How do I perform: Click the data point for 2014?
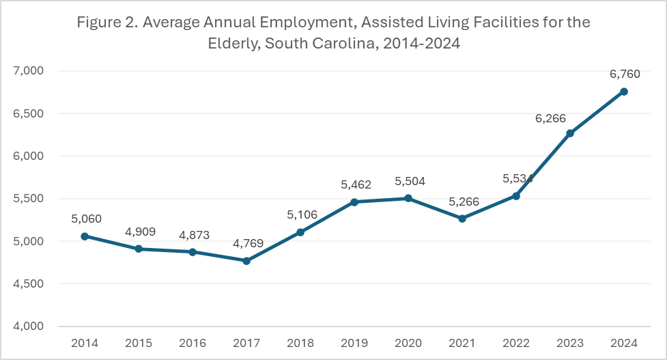tap(85, 236)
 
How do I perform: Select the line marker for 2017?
tap(246, 261)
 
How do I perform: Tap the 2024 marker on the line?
tap(623, 92)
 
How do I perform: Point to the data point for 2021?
tap(462, 219)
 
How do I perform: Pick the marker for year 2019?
tap(354, 202)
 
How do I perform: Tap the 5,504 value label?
tap(408, 181)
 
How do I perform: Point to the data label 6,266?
tap(550, 118)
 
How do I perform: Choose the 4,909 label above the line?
tap(139, 232)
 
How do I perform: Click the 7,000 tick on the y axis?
tap(29, 71)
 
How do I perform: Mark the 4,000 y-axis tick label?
tap(29, 327)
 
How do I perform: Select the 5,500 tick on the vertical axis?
tap(29, 199)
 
